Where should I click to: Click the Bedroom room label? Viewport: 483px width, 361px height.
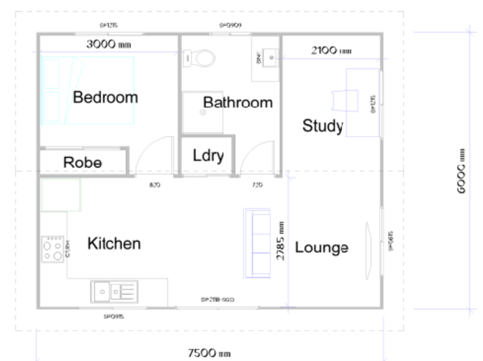point(105,97)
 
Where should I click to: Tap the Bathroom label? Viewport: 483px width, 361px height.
point(237,102)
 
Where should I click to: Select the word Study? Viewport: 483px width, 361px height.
point(322,126)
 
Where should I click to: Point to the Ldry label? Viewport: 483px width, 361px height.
point(208,155)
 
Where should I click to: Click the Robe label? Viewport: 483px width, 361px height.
point(82,163)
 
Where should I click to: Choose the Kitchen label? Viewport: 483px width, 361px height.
point(114,243)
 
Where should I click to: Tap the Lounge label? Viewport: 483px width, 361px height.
point(321,248)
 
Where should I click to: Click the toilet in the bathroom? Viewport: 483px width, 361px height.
point(200,58)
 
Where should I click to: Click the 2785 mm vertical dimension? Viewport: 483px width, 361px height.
point(280,241)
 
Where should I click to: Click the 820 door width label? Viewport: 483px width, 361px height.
point(155,184)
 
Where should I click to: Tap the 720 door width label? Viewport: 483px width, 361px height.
point(258,184)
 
